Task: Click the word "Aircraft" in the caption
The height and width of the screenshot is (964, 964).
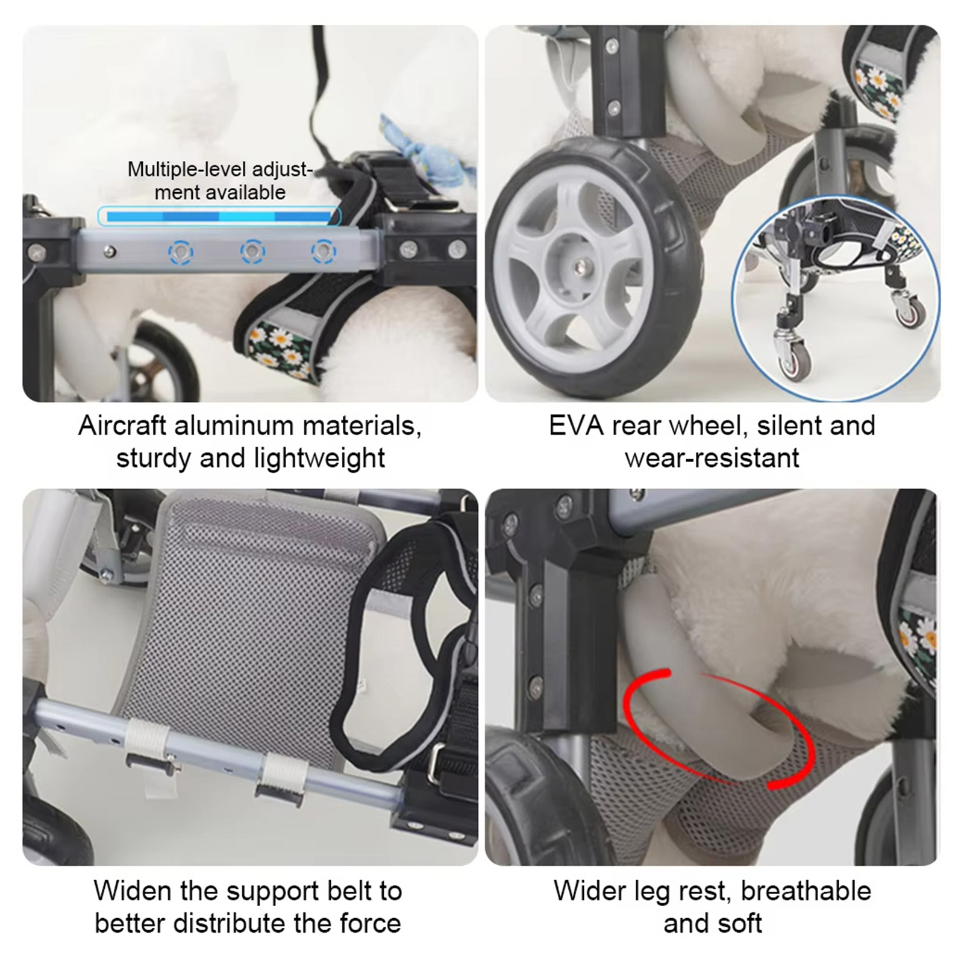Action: pos(122,426)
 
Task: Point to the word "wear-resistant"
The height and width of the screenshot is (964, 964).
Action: pos(712,459)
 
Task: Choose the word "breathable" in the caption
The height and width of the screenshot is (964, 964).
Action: pos(806,891)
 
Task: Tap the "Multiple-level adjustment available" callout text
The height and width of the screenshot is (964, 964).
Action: pos(220,181)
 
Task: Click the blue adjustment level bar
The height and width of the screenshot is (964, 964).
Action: pos(219,216)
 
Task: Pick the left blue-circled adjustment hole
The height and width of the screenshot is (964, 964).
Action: pos(181,251)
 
